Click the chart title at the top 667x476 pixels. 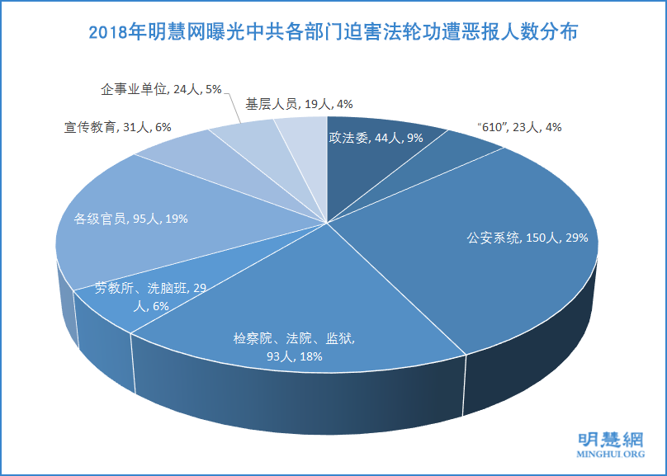coord(333,33)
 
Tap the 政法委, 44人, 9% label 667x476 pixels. coord(376,138)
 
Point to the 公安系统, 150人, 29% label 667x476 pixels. coord(527,238)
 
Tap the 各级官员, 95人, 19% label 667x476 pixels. coord(131,219)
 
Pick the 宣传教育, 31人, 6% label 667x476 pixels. coord(116,128)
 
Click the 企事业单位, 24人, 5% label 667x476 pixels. coord(161,88)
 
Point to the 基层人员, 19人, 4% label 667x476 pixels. coord(299,104)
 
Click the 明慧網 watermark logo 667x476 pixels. coord(610,438)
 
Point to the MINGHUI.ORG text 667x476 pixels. coord(610,455)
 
